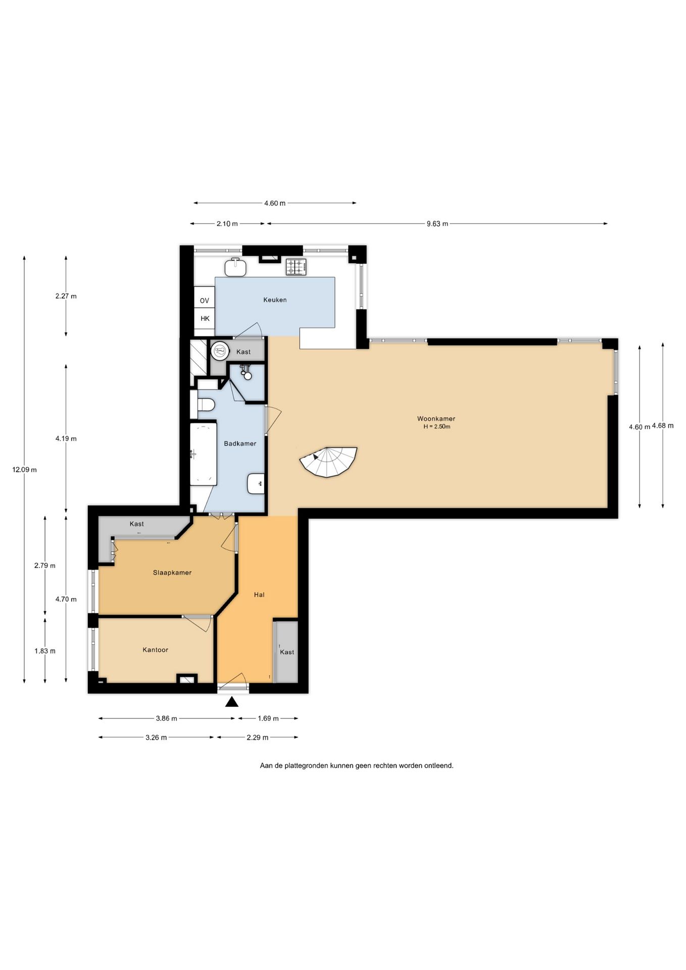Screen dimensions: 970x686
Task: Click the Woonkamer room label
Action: (x=436, y=418)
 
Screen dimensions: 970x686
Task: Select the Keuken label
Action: (x=275, y=300)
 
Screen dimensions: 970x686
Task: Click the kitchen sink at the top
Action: (x=235, y=267)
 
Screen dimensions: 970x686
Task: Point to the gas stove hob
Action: (x=296, y=267)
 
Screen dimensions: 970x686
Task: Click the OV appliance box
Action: (x=204, y=301)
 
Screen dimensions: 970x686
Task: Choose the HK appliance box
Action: (x=205, y=318)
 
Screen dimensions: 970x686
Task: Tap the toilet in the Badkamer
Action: (x=206, y=405)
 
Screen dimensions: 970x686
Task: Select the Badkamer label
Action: (x=240, y=444)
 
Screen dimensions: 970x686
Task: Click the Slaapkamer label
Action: (x=172, y=572)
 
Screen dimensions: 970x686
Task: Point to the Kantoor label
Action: (x=155, y=650)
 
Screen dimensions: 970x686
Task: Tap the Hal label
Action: (x=259, y=595)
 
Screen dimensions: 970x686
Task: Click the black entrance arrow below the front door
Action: (x=232, y=702)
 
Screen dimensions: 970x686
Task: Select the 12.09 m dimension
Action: (x=24, y=469)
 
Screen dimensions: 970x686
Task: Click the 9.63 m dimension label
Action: (x=437, y=224)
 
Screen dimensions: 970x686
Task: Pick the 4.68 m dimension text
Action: (x=663, y=425)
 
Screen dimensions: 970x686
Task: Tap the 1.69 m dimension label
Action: (x=268, y=718)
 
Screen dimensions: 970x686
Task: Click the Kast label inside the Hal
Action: (x=287, y=652)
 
